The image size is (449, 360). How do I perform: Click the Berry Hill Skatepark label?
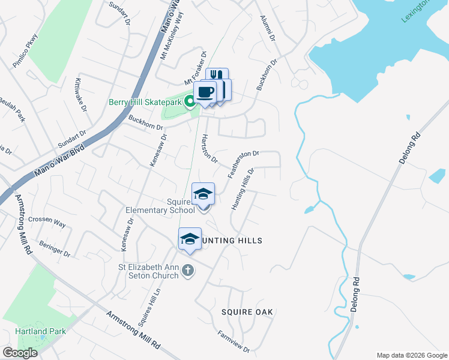[x=145, y=102]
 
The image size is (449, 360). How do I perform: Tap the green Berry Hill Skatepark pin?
[x=190, y=101]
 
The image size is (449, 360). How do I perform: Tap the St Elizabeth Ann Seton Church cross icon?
[x=188, y=270]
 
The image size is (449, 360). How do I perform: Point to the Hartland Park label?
[x=41, y=331]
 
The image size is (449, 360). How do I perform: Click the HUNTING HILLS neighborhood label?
[x=232, y=241]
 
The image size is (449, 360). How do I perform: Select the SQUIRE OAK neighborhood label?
[x=247, y=312]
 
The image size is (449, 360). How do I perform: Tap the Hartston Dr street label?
[x=209, y=148]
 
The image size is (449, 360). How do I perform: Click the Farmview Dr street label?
[x=234, y=341]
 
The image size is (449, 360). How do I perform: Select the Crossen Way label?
[x=47, y=222]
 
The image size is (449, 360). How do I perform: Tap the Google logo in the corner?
[x=20, y=352]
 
